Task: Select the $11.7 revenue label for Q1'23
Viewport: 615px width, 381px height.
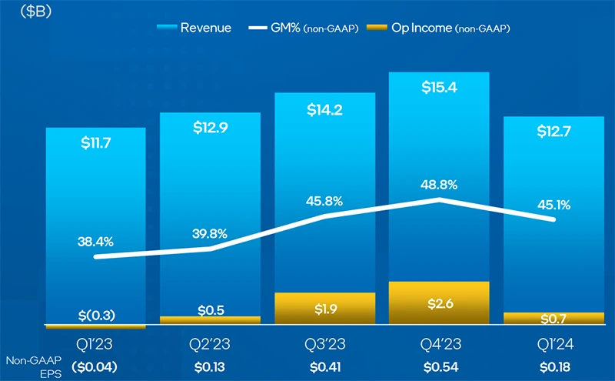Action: (95, 142)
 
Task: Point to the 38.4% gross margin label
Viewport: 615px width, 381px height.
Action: (95, 241)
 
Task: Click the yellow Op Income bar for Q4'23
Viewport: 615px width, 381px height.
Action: (439, 302)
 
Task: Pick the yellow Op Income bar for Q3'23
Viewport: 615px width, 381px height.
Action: (324, 309)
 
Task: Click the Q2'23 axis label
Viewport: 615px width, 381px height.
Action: (210, 343)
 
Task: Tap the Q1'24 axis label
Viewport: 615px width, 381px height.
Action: (553, 343)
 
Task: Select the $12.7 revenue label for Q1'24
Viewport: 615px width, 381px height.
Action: (553, 132)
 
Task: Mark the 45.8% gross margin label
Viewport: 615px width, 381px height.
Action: (324, 202)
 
